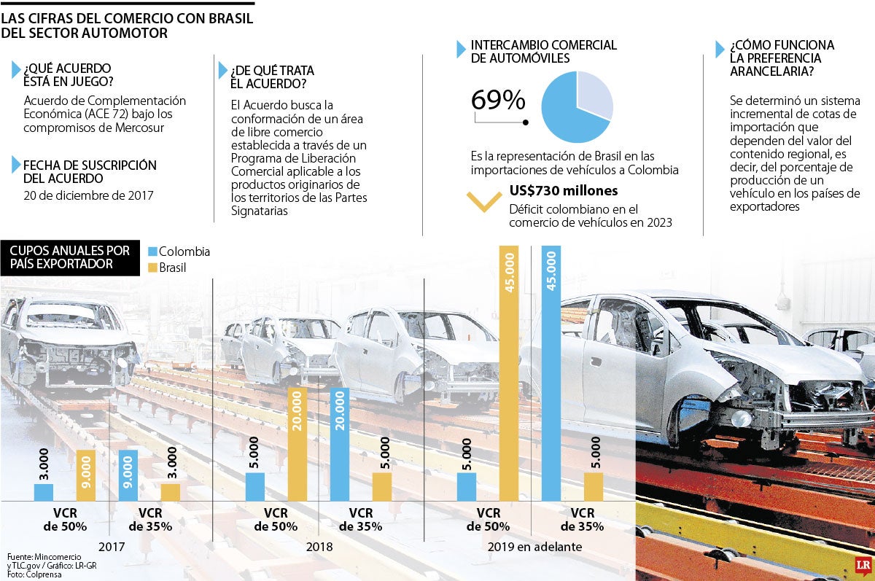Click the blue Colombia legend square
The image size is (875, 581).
tap(152, 251)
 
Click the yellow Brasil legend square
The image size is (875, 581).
tap(152, 268)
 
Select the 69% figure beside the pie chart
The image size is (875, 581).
tap(498, 101)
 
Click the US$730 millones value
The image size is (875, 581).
tap(564, 191)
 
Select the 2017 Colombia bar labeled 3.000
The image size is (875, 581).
tap(44, 492)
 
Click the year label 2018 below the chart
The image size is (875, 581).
tap(319, 547)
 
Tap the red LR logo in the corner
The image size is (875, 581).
tap(860, 565)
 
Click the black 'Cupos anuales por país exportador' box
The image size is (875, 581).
tap(70, 257)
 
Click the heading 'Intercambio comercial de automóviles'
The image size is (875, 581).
tap(543, 51)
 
